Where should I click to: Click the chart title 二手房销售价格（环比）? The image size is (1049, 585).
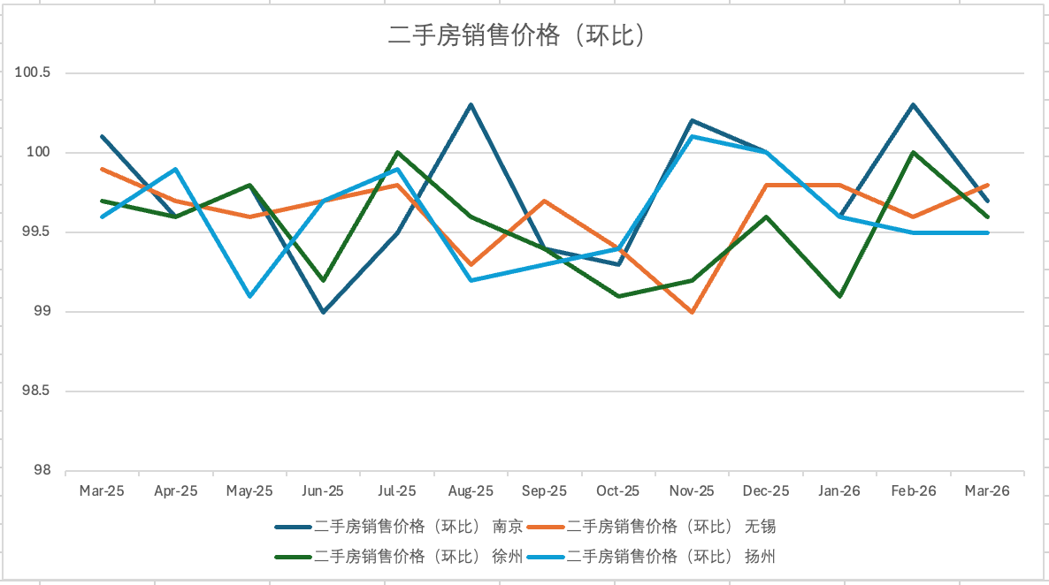point(515,35)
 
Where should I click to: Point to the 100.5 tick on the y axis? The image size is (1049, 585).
point(33,72)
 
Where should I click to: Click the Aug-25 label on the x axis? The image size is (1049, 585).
point(471,491)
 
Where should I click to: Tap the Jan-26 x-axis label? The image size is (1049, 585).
point(839,491)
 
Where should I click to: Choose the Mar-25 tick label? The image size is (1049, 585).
point(102,491)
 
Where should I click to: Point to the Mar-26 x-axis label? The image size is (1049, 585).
point(987,491)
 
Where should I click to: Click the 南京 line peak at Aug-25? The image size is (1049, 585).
point(471,104)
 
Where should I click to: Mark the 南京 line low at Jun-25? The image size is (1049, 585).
point(323,312)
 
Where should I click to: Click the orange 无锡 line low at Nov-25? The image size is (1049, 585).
point(692,312)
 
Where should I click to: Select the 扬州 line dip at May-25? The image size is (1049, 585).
point(249,296)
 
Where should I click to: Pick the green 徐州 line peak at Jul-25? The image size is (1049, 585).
point(397,152)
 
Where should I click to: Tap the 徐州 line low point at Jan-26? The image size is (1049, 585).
point(839,296)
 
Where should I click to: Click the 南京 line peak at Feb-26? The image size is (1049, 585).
point(913,104)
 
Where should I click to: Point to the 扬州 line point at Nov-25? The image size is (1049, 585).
point(692,136)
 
